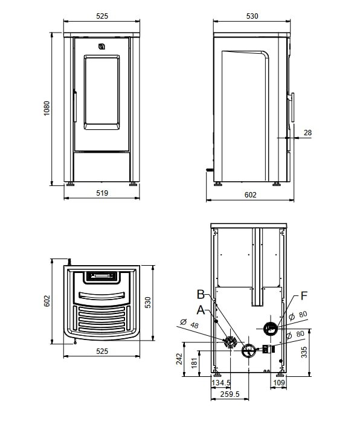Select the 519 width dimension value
101,194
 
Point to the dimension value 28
307,132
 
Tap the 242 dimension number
179,359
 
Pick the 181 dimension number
194,363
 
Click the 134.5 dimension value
221,383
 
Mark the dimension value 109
280,383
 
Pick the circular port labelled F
271,328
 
